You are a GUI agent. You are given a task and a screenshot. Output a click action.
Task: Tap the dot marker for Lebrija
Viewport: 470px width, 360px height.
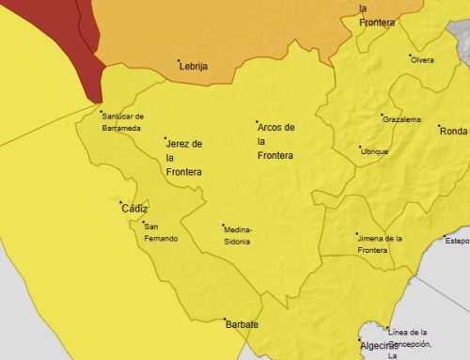click(180, 62)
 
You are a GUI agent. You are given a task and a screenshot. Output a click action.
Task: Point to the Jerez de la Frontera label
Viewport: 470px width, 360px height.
click(183, 158)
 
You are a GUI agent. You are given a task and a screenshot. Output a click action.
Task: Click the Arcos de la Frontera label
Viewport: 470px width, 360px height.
click(275, 140)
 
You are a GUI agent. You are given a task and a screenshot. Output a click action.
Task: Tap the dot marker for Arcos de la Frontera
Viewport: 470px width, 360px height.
click(257, 122)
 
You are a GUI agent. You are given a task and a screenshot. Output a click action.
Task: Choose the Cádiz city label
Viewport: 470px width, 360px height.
click(134, 209)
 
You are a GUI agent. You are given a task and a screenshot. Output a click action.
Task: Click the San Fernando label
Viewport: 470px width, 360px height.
click(160, 232)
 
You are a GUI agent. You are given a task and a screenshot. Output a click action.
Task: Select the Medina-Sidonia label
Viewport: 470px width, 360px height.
click(237, 235)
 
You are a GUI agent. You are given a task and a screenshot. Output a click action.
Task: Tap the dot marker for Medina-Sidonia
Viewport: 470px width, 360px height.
click(223, 224)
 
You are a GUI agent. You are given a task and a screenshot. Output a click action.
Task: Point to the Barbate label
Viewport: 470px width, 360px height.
click(242, 325)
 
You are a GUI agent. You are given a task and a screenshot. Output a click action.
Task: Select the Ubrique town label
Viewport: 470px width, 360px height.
click(375, 151)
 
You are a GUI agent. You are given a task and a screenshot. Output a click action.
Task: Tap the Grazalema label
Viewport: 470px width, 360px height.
click(402, 119)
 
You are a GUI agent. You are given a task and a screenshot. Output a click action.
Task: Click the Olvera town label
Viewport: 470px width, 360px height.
click(422, 60)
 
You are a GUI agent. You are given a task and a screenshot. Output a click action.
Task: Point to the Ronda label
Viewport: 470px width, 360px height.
click(453, 131)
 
